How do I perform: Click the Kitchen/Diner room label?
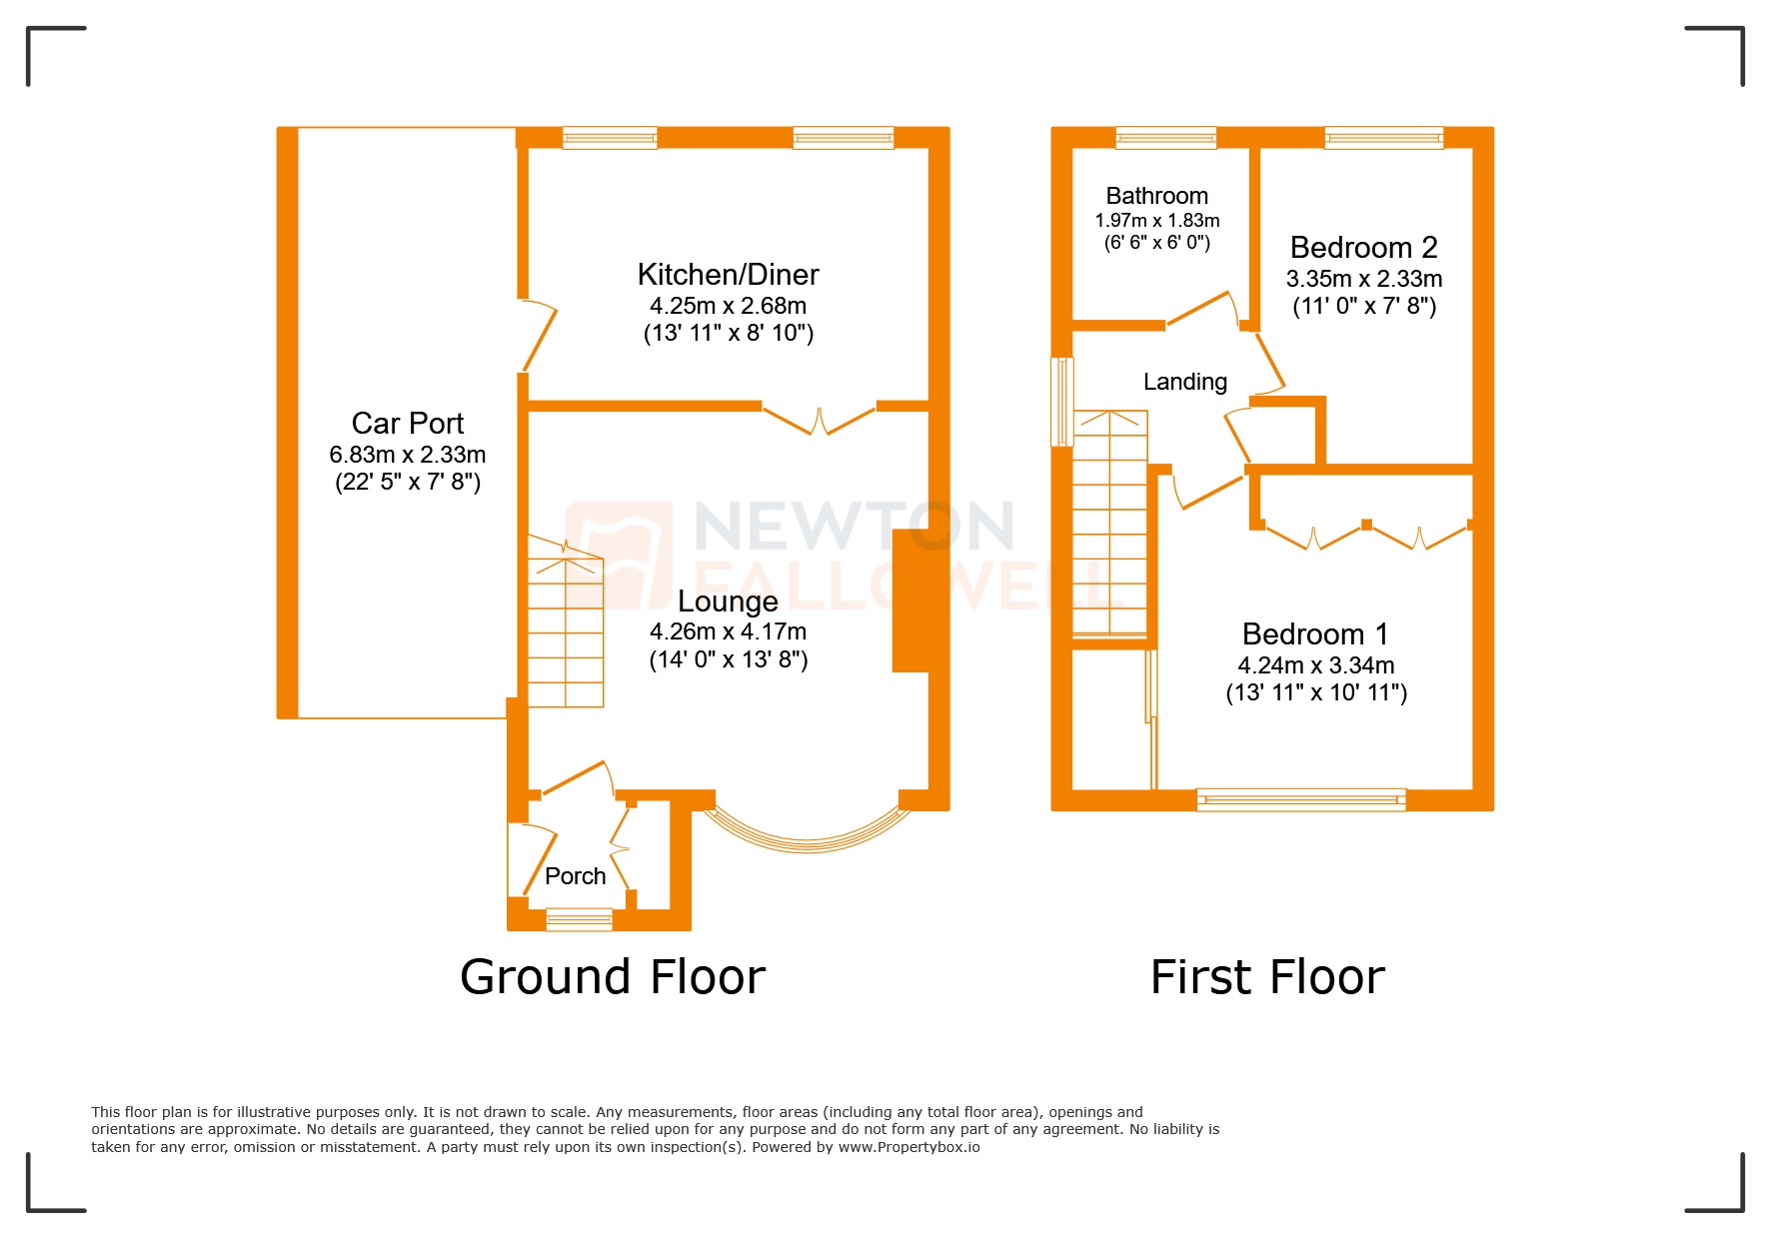point(728,275)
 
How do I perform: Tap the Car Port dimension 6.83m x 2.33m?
point(408,455)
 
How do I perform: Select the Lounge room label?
point(728,602)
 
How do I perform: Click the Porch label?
point(575,876)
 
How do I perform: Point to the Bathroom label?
point(1156,196)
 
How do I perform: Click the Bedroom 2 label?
point(1363,248)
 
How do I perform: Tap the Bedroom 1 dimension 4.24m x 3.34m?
point(1315,665)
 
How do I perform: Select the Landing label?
point(1184,382)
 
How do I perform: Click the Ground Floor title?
point(612,977)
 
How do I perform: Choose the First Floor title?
point(1266,977)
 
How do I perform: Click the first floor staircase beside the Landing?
point(1109,525)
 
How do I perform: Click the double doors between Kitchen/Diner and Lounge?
point(819,420)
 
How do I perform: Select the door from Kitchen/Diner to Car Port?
point(539,336)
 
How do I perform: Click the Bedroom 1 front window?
point(1300,798)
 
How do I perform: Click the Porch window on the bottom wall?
point(579,919)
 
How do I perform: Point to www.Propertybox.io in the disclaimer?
point(908,1147)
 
